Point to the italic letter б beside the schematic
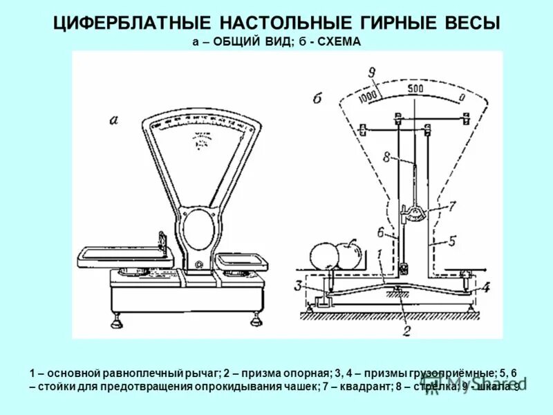(317, 98)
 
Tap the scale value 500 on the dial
(415, 89)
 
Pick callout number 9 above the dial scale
(372, 73)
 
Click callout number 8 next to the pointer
(388, 156)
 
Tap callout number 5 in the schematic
(453, 241)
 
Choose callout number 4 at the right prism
(485, 287)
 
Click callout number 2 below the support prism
(406, 330)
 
